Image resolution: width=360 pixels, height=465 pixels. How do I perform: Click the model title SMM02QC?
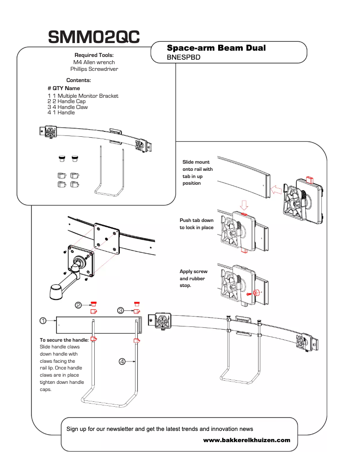click(x=93, y=37)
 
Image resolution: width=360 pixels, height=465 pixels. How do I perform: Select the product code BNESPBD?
click(x=183, y=57)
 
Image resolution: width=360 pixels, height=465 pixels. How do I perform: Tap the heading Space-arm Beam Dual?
click(x=216, y=48)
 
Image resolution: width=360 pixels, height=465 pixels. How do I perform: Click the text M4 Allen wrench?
click(x=94, y=62)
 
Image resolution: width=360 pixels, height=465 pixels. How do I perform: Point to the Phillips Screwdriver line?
click(x=94, y=69)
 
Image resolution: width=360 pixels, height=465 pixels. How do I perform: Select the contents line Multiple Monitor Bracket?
click(x=83, y=96)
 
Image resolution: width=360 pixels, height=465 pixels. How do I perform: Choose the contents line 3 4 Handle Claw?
click(x=68, y=107)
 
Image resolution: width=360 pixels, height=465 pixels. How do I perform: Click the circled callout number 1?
click(x=43, y=321)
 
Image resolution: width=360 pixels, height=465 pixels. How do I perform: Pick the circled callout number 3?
click(x=121, y=310)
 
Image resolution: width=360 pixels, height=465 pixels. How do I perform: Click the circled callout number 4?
click(x=122, y=362)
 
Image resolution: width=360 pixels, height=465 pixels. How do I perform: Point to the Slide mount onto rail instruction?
click(x=198, y=173)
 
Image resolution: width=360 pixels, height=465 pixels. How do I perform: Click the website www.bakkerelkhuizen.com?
click(x=246, y=440)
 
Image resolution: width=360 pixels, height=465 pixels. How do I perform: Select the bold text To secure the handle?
click(x=64, y=340)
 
